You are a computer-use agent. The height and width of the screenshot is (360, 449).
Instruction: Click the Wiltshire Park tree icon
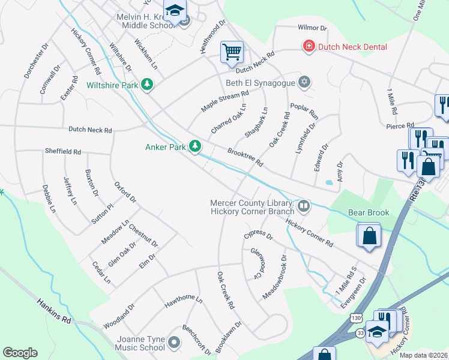click(146, 85)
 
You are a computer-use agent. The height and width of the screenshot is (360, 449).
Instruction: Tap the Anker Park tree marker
click(194, 146)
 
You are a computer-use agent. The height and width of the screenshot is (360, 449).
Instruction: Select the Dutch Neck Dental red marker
click(309, 46)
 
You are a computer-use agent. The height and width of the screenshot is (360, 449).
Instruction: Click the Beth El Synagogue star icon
click(305, 82)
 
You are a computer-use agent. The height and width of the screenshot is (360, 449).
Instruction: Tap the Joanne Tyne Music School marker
click(174, 342)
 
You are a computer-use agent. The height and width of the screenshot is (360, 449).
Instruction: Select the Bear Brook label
click(369, 212)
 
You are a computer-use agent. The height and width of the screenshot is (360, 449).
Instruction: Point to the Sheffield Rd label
click(62, 152)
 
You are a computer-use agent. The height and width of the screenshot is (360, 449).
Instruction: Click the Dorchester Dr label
click(34, 61)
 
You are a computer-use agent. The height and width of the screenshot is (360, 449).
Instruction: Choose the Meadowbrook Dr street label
click(274, 277)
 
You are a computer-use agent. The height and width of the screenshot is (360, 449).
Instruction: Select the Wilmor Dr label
click(312, 28)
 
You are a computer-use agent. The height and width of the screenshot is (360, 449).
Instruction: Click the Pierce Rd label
click(400, 126)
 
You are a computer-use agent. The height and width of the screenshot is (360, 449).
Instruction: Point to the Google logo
click(20, 352)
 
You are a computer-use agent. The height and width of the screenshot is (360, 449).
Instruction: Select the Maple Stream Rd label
click(224, 101)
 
